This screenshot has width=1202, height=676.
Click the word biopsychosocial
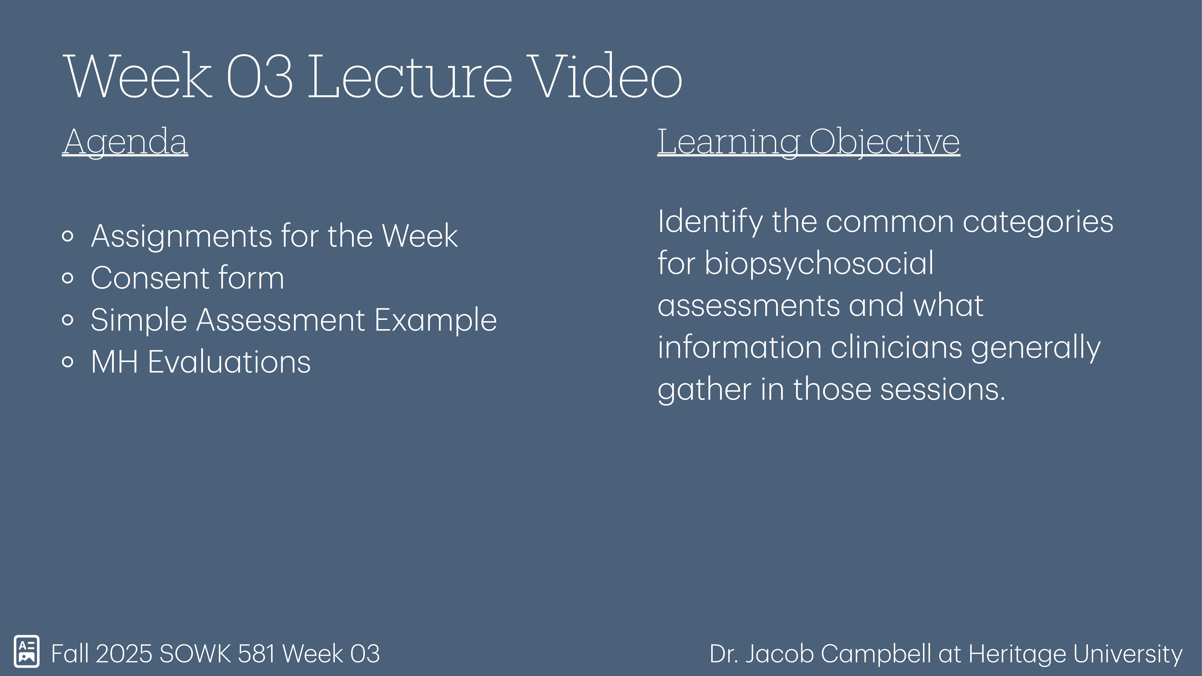click(819, 264)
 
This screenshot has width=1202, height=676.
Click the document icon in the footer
click(27, 651)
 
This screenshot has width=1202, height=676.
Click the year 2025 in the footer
click(124, 654)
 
